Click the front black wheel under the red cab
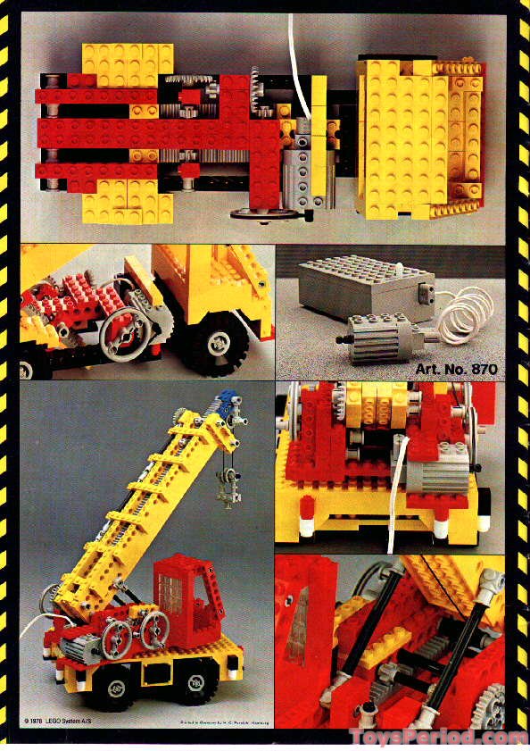(x=189, y=684)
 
